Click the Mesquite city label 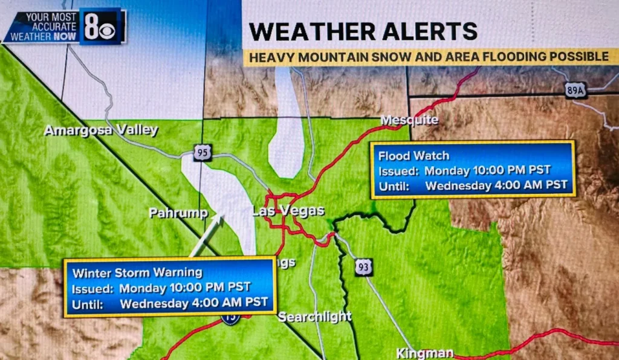[409, 120]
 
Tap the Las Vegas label [288, 211]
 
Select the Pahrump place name [178, 213]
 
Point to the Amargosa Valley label [101, 130]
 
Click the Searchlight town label [315, 317]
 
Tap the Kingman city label [424, 353]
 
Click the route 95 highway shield [203, 153]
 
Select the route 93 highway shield [363, 266]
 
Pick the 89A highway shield [575, 91]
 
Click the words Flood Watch [405, 156]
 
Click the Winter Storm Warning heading [138, 273]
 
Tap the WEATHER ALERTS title [363, 31]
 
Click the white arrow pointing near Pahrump [207, 236]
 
